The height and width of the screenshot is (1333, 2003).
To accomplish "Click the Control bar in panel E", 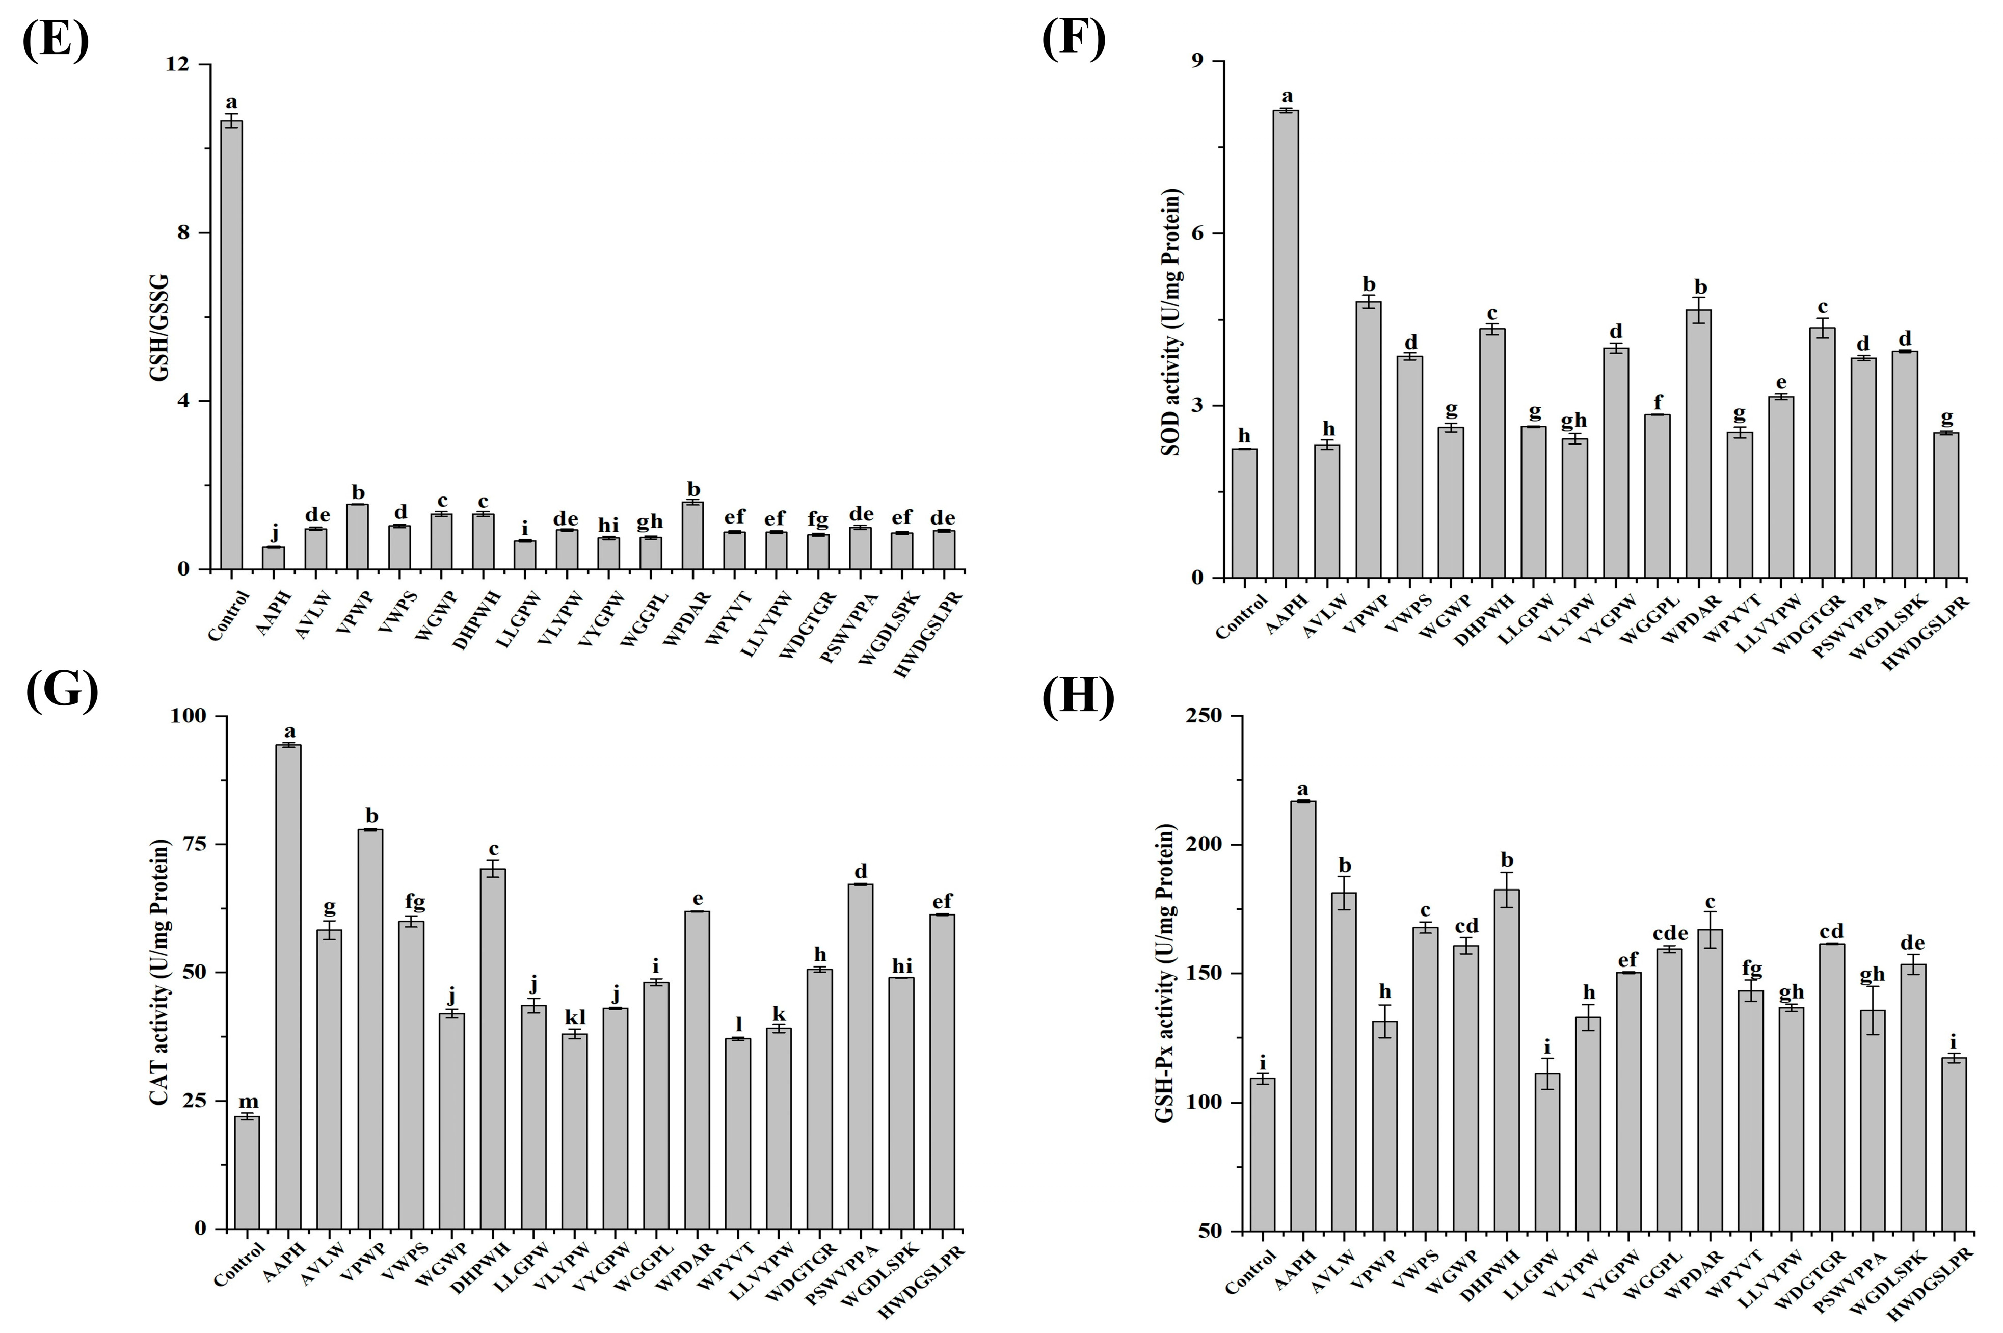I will click(231, 344).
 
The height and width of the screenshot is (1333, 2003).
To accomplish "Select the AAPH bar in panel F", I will click(1285, 344).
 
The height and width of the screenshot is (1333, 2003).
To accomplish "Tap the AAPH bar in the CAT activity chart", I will click(288, 986).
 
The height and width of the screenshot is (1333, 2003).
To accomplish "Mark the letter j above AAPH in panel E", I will click(274, 533).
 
